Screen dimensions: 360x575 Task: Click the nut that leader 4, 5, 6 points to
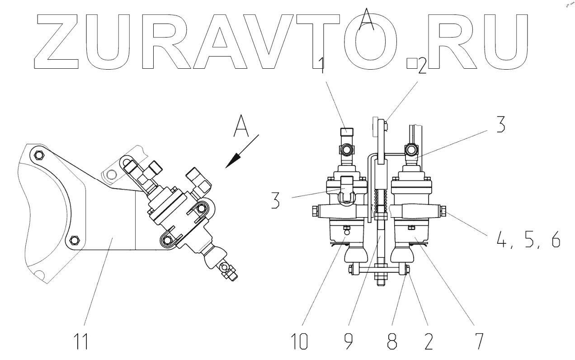coord(443,210)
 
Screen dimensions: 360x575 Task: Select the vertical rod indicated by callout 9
coord(379,244)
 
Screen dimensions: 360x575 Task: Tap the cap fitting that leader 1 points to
coord(346,134)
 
